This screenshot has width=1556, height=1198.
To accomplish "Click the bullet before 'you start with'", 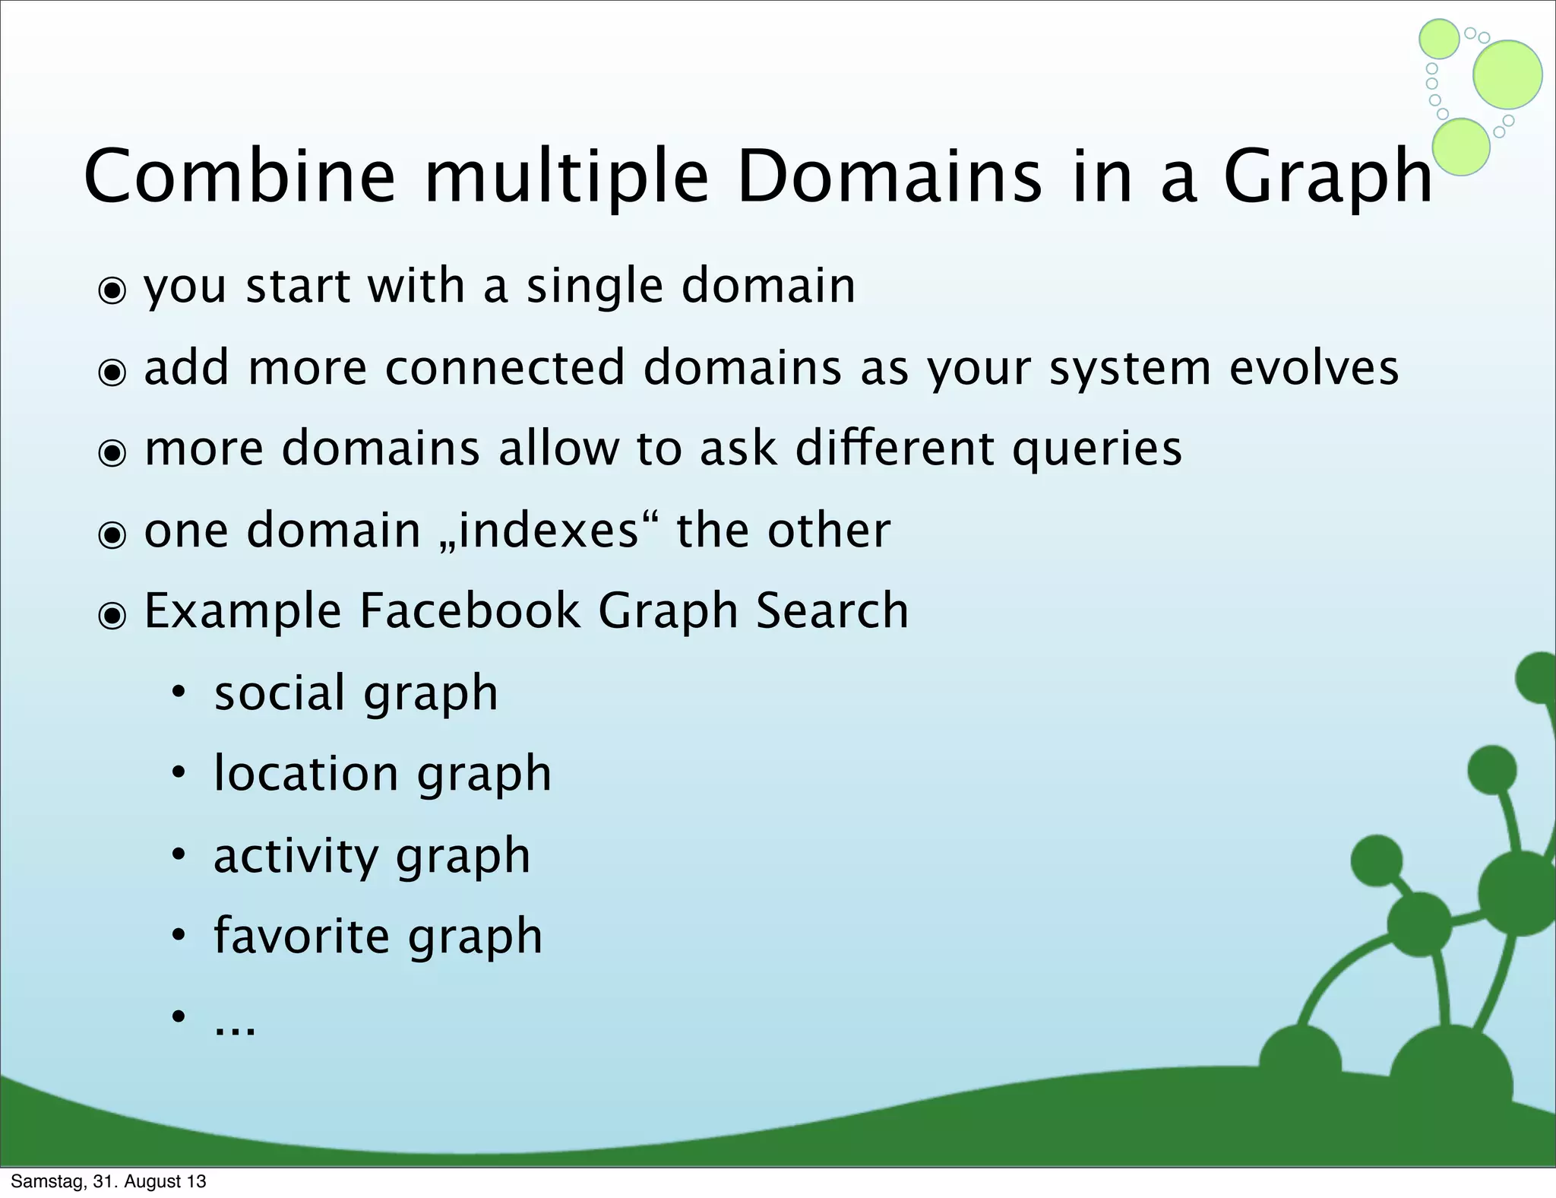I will pyautogui.click(x=112, y=290).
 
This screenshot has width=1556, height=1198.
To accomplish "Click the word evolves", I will pyautogui.click(x=1314, y=368).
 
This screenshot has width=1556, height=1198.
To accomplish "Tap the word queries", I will pyautogui.click(x=1097, y=449).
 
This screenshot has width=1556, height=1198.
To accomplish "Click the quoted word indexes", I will pyautogui.click(x=549, y=530).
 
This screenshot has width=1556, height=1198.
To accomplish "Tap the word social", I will pyautogui.click(x=279, y=692).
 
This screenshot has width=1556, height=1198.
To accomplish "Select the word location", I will pyautogui.click(x=306, y=774).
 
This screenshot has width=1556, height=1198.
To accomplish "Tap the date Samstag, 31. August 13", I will pyautogui.click(x=109, y=1181).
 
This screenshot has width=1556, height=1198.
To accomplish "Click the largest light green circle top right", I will pyautogui.click(x=1507, y=74).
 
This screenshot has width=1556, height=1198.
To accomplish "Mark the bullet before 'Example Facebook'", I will pyautogui.click(x=112, y=616).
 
